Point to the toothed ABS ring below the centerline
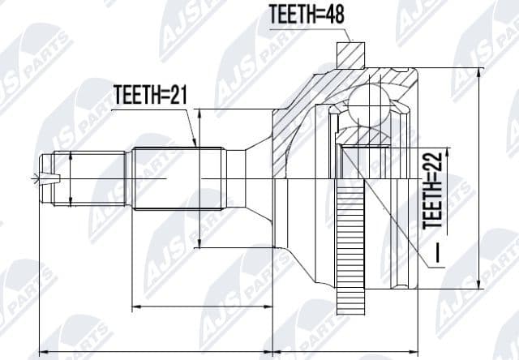357,243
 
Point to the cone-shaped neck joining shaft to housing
259,178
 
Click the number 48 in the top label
327,14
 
